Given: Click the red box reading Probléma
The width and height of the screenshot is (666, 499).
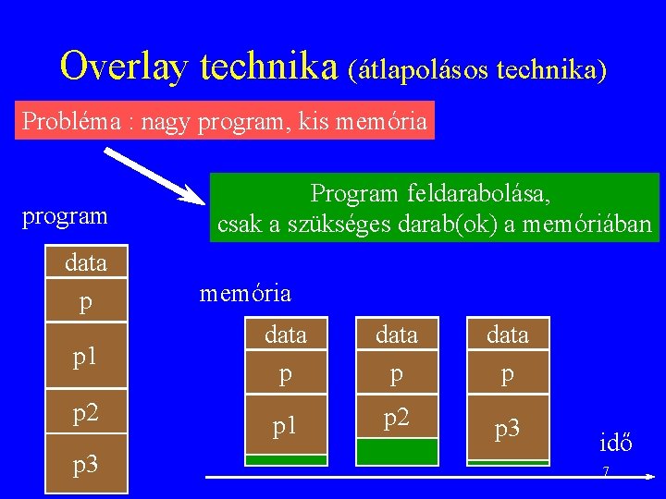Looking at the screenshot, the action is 225,121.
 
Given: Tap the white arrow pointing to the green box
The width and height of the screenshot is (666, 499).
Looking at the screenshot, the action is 153,175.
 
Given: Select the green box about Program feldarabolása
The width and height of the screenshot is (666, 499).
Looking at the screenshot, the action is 434,208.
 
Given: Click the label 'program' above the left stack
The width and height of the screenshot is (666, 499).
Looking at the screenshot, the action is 65,216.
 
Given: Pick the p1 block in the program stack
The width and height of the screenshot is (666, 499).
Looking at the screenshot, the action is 86,356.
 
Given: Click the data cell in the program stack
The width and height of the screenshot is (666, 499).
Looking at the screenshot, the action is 86,263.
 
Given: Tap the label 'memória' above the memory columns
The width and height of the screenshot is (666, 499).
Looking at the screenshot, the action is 245,294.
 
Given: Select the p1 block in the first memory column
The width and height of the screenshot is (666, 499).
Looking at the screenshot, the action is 285,425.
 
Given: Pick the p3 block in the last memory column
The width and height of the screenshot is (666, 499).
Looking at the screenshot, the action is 507,427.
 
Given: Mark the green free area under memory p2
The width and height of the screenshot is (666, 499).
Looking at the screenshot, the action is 396,451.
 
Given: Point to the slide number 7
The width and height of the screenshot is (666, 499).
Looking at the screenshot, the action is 605,472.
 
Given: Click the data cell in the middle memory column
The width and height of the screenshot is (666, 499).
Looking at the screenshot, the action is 396,335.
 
